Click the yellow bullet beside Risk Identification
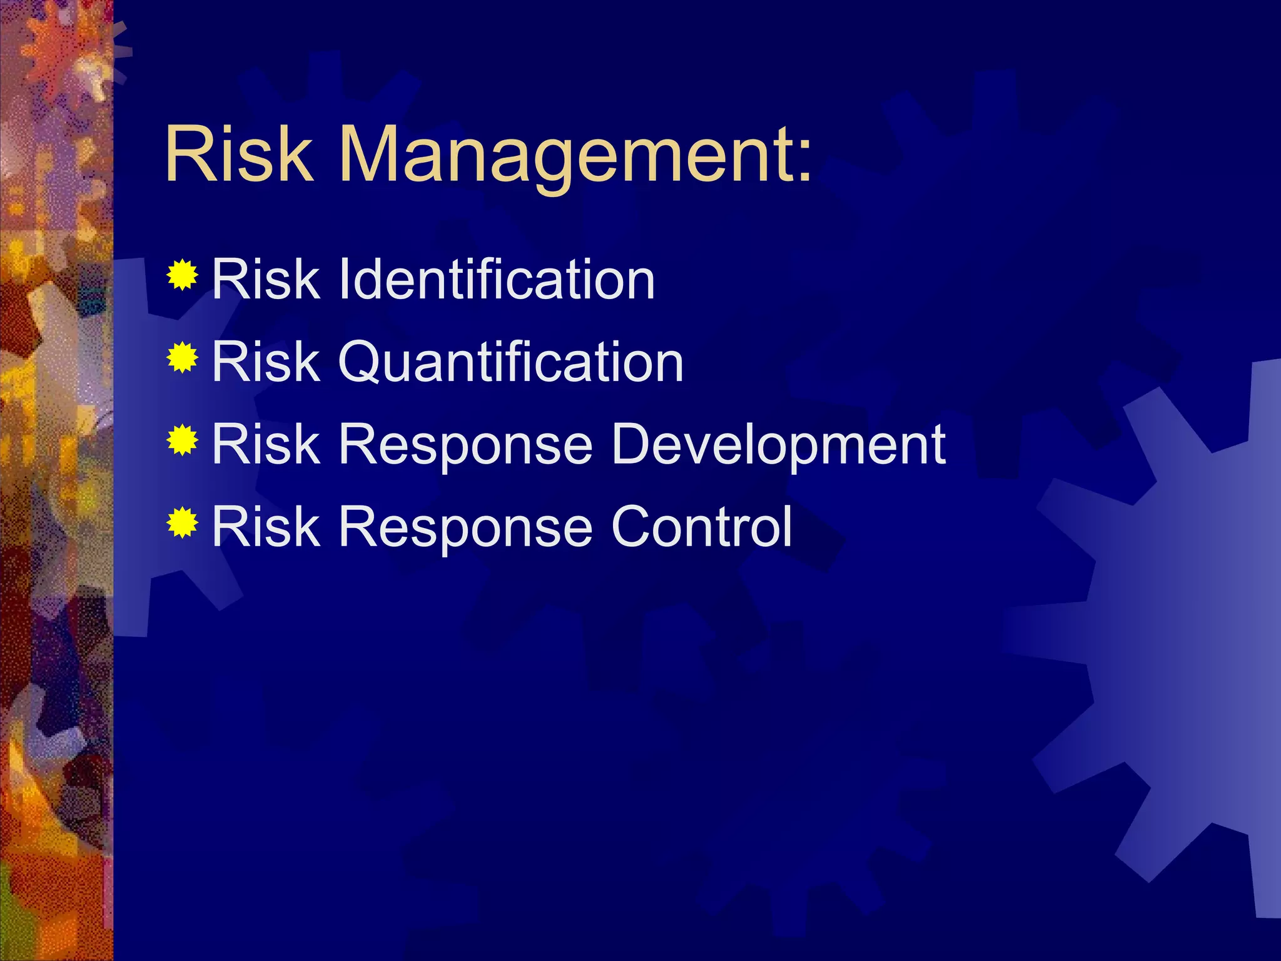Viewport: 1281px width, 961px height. (183, 275)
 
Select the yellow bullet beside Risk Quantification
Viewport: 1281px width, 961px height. (183, 358)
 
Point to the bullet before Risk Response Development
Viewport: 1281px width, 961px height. (183, 440)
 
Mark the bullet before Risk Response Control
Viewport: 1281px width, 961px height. (183, 523)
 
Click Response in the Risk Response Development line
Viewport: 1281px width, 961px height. (465, 445)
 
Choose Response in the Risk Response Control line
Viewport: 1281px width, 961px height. (465, 527)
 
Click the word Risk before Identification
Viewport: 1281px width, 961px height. (266, 279)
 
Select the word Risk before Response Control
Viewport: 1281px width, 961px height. (266, 527)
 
